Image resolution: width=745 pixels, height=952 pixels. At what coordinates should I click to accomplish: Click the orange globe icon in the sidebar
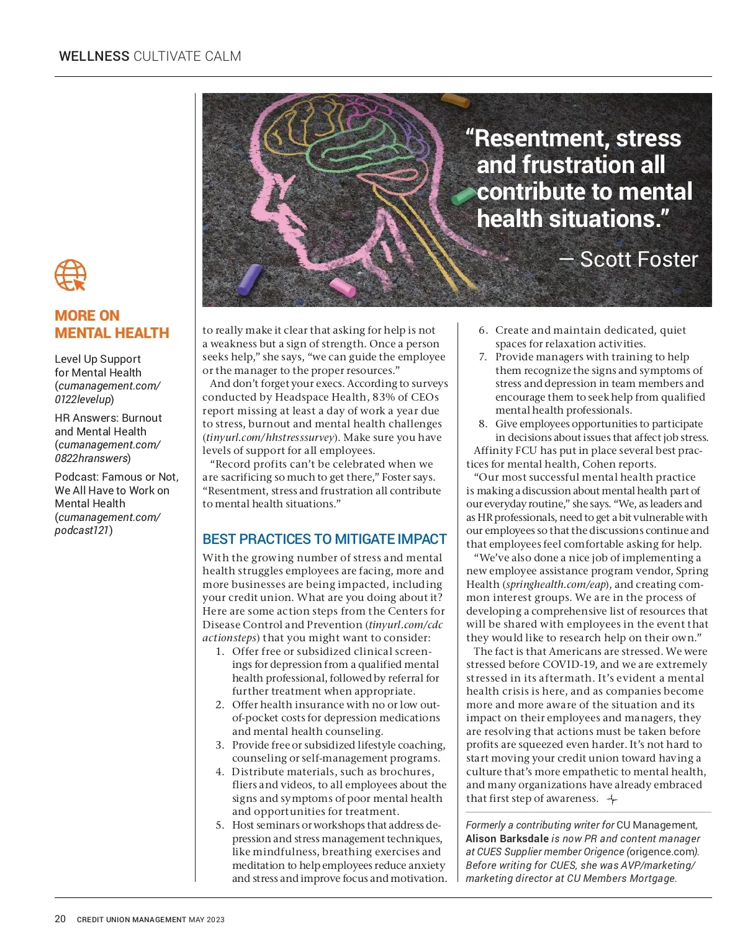[x=70, y=275]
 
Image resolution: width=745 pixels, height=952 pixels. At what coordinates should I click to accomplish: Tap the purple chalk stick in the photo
[x=250, y=279]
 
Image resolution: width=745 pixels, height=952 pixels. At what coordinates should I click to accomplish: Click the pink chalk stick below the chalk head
[x=342, y=287]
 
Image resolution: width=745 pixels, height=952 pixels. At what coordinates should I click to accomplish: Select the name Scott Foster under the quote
[x=638, y=259]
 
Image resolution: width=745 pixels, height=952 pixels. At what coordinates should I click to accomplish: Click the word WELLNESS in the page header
[x=94, y=56]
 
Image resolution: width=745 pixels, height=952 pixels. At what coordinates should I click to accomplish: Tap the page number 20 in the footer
[x=60, y=919]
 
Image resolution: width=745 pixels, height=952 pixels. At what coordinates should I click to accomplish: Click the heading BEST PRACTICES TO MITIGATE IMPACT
[x=325, y=539]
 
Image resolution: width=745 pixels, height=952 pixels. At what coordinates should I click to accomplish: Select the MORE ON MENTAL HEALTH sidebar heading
[x=112, y=324]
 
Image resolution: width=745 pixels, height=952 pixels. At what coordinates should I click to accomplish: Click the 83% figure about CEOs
[x=384, y=397]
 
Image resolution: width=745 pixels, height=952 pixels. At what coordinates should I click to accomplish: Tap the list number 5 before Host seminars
[x=220, y=825]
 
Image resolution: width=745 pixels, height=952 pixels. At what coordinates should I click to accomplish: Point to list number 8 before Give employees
[x=483, y=424]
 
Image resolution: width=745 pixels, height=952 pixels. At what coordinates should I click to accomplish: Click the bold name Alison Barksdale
[x=507, y=839]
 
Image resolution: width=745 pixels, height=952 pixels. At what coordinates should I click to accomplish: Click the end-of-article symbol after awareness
[x=612, y=799]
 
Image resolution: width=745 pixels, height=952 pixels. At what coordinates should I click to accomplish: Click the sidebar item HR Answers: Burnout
[x=108, y=418]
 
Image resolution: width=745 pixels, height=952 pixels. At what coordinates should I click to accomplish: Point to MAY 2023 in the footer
[x=207, y=920]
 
